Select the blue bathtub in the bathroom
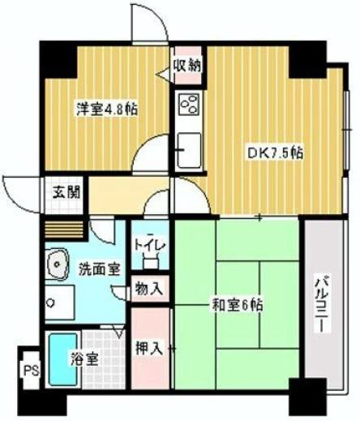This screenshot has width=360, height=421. [62, 359]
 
